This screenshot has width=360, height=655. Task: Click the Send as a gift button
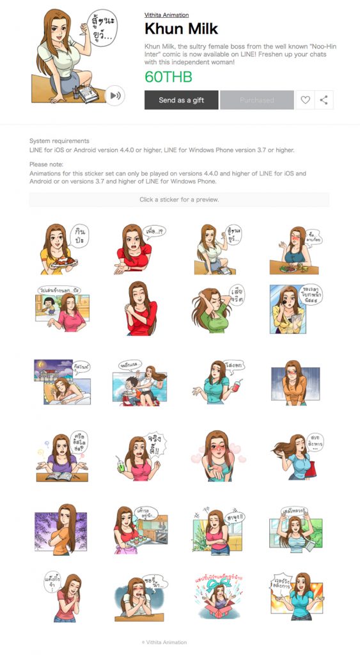point(182,100)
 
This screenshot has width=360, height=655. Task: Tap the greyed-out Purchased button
point(257,100)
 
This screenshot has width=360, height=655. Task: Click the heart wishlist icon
point(305,100)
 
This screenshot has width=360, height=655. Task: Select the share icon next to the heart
point(324,100)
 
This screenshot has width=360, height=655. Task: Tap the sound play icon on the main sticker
point(115,95)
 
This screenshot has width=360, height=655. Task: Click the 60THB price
point(168,77)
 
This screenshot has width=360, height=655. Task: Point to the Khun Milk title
point(181,29)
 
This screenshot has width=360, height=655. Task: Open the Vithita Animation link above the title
point(166,15)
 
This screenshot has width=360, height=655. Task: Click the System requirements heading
point(59,141)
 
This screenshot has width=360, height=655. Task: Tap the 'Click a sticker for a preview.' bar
point(179,200)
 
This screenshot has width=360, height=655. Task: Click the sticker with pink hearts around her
point(215,455)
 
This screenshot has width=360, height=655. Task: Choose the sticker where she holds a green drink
point(138,455)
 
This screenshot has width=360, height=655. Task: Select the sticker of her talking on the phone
point(294,310)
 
